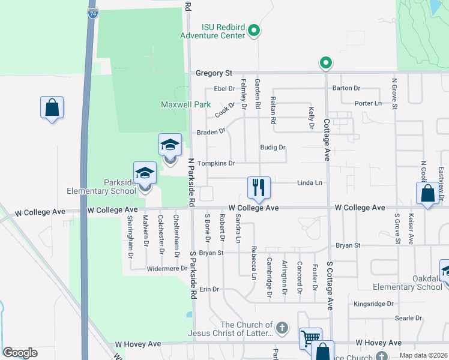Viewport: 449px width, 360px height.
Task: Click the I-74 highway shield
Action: click(92, 13)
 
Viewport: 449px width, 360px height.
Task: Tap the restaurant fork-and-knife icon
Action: click(259, 187)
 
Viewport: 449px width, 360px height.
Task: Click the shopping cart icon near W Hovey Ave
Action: click(310, 338)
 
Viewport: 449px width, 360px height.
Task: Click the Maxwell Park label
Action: click(185, 104)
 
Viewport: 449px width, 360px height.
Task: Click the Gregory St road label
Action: click(214, 73)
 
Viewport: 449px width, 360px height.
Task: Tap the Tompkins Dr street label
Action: click(215, 163)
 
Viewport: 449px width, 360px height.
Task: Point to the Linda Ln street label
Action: click(310, 182)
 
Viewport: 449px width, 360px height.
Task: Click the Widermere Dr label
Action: click(167, 269)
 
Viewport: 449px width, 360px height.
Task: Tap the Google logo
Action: click(20, 353)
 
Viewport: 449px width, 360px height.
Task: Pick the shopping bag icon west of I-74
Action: click(52, 109)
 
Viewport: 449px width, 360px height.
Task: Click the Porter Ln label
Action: click(368, 103)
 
